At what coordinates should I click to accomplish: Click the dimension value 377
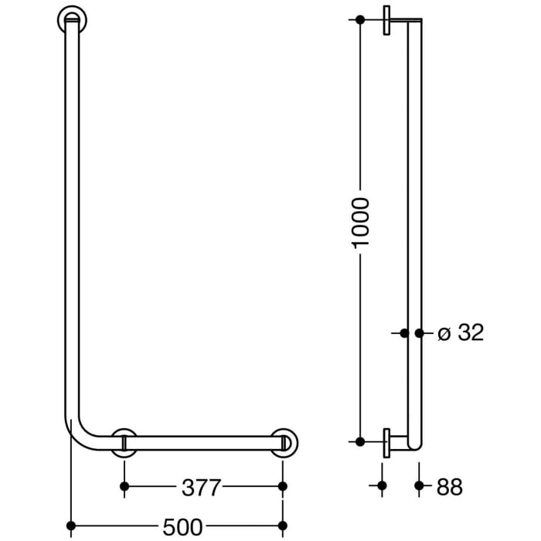tap(202, 487)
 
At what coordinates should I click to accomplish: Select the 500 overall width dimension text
tap(182, 528)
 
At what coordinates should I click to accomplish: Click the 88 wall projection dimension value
tap(449, 487)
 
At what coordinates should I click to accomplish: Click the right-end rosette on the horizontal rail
tap(284, 442)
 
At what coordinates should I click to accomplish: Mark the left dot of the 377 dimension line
tap(124, 486)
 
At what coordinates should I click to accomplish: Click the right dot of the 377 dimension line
tap(283, 486)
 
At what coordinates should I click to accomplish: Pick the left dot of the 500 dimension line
tap(72, 528)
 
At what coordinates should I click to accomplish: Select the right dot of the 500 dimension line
tap(283, 528)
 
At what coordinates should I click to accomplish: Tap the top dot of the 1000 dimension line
tap(360, 19)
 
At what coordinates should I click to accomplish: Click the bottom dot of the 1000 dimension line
tap(360, 441)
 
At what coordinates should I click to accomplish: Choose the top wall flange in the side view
tap(386, 21)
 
